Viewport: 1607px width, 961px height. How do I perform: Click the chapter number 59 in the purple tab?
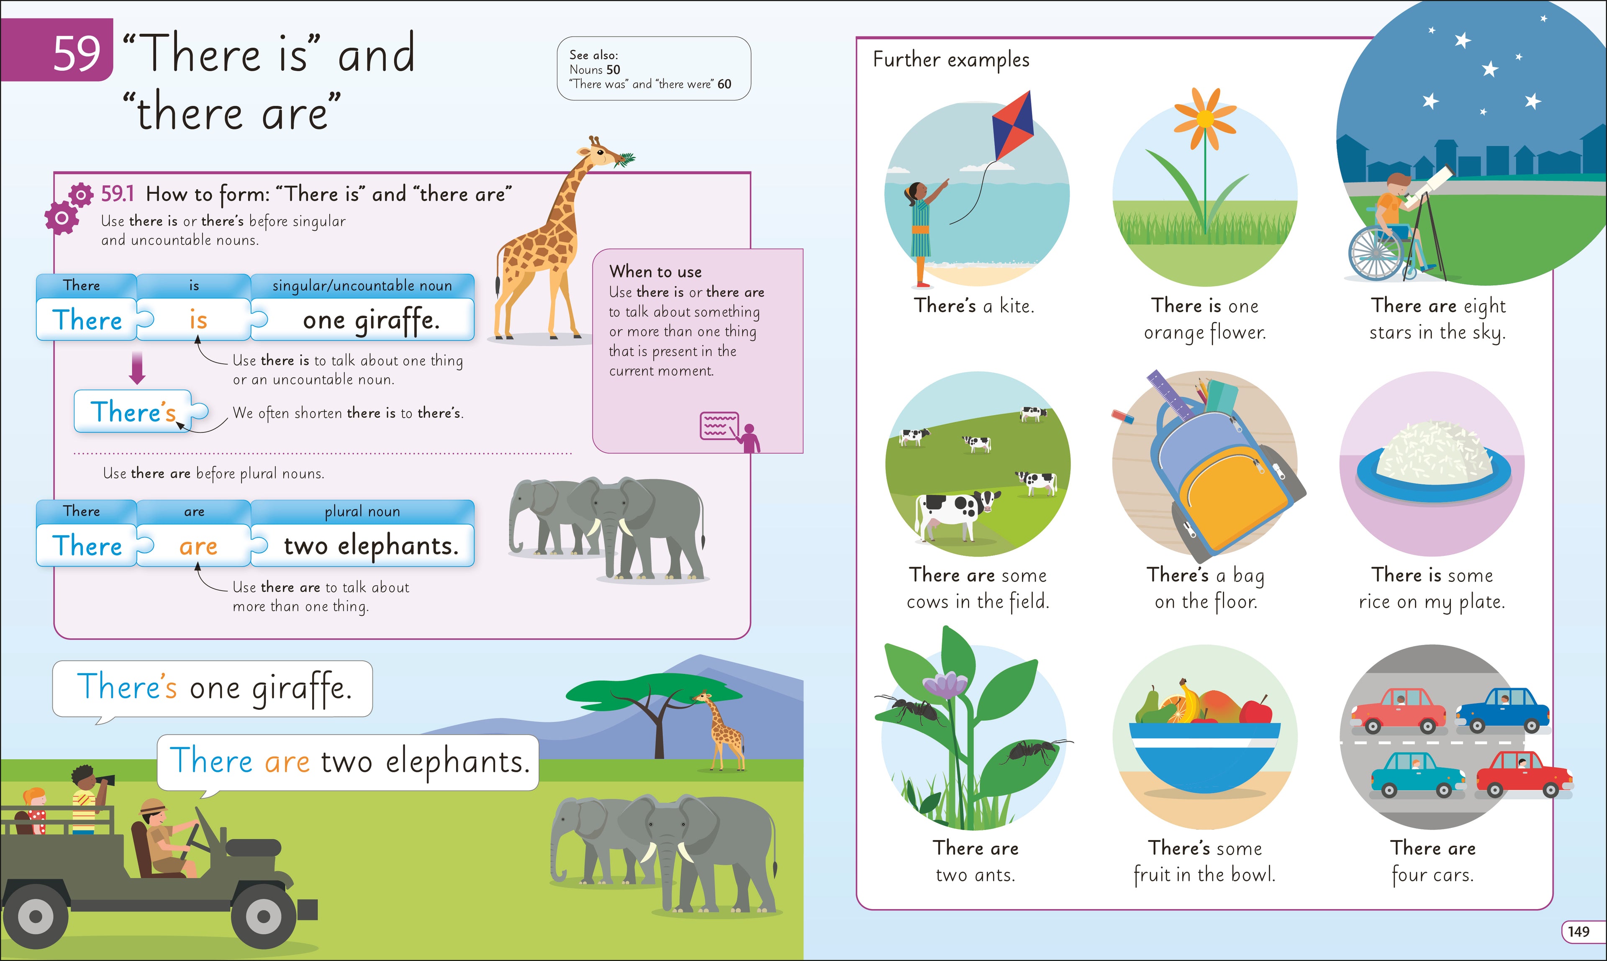(77, 53)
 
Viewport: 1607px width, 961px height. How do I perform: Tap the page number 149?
(1579, 931)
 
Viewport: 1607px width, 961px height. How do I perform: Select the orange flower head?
(1205, 118)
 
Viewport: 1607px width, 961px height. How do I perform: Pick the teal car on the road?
(1418, 773)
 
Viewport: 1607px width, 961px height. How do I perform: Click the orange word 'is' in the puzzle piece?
(198, 320)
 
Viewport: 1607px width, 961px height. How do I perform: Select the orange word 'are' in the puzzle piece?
(198, 546)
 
